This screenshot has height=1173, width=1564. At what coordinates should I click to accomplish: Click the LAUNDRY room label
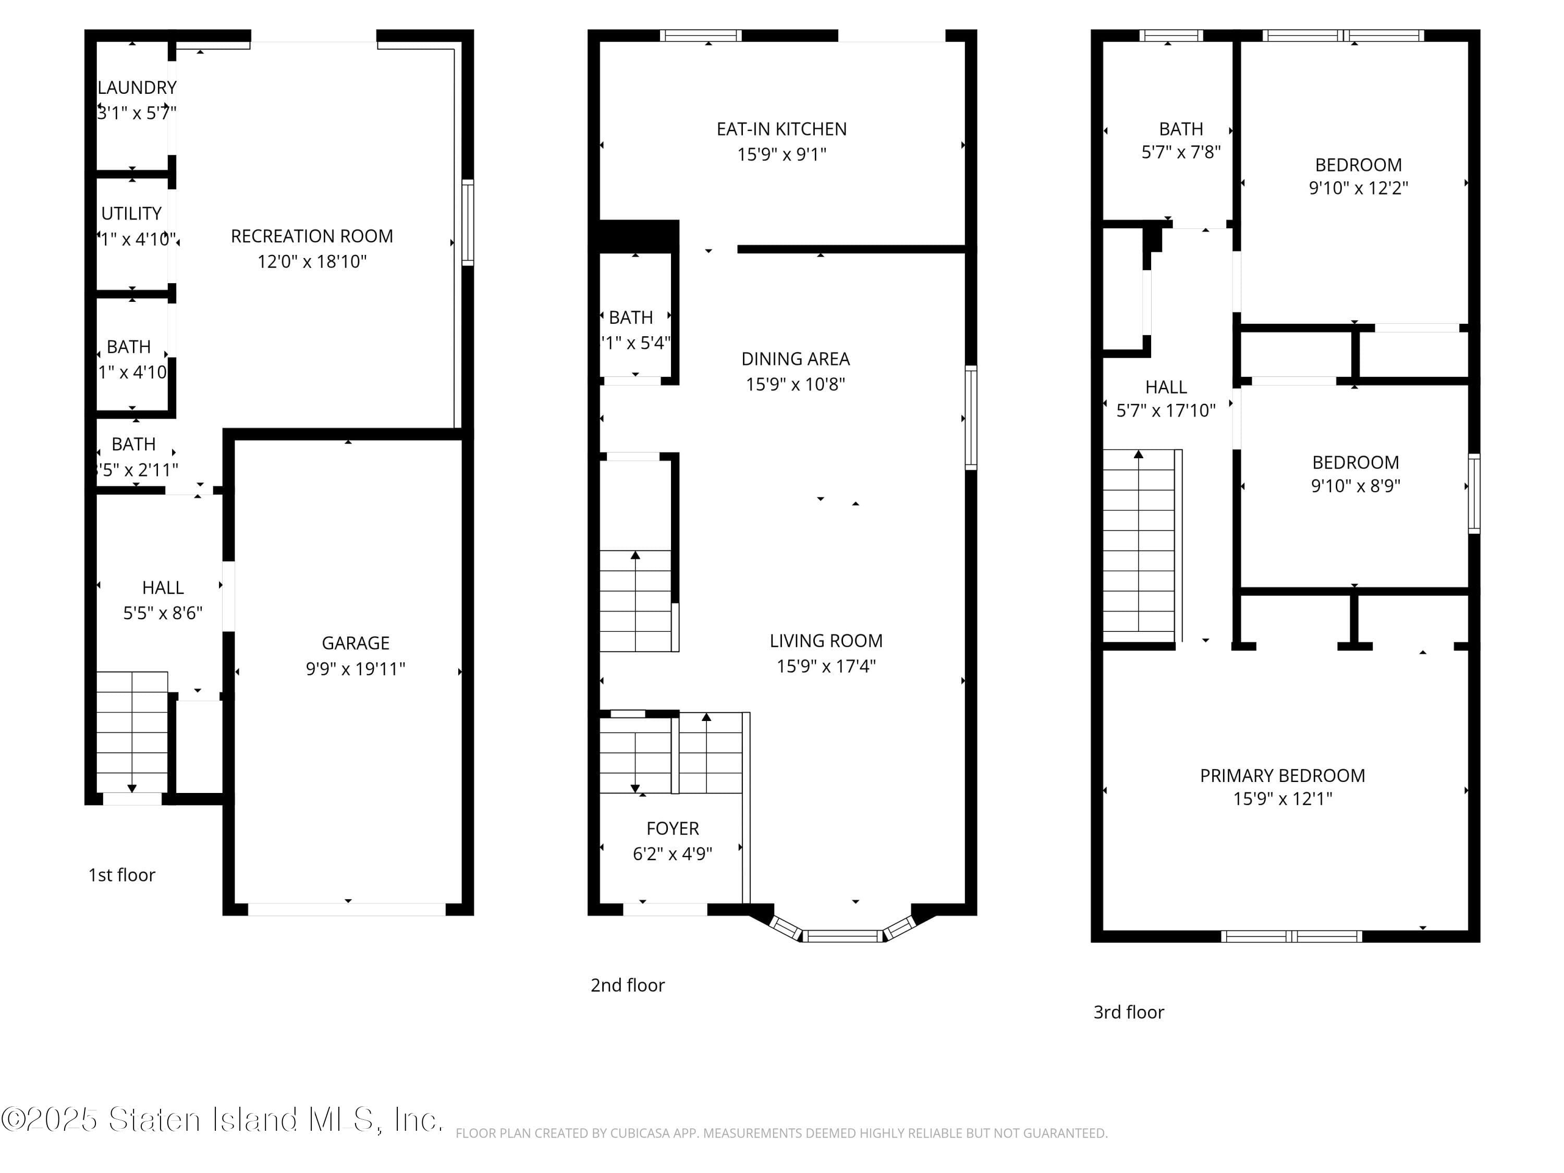(137, 88)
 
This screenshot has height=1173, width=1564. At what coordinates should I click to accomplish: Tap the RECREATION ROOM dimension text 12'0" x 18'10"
(312, 262)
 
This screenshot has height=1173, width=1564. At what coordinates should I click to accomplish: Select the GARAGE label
(355, 643)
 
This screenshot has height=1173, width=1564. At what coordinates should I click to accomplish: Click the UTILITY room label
(131, 214)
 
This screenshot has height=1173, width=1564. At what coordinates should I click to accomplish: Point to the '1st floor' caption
(121, 875)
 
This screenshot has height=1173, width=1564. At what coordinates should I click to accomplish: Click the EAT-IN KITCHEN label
(781, 129)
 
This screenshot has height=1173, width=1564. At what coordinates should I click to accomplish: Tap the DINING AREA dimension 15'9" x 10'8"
(796, 384)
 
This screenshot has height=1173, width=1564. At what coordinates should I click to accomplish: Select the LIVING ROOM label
(826, 641)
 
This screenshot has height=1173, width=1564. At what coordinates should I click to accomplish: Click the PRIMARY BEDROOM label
(1282, 776)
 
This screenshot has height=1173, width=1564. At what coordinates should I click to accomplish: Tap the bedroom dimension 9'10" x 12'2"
(1358, 188)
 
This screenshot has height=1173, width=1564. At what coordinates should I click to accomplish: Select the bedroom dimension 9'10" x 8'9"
(1355, 486)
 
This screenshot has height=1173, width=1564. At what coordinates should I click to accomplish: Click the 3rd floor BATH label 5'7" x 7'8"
(1181, 129)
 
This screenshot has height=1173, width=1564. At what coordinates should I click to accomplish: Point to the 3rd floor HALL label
(1166, 387)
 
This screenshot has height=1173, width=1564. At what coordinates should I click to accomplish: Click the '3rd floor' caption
(1129, 1012)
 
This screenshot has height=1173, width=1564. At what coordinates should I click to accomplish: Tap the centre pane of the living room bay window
(842, 936)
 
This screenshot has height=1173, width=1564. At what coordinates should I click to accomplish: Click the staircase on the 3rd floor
(1139, 541)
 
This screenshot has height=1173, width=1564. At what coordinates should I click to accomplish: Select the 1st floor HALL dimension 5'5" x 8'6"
(163, 613)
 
